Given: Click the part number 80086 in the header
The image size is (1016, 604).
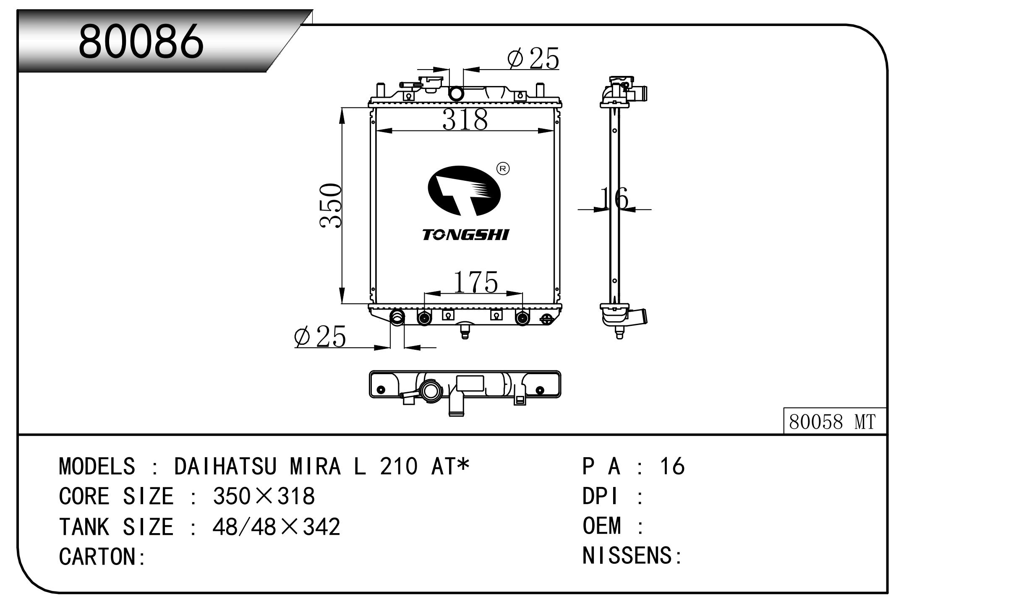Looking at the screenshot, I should coord(141,41).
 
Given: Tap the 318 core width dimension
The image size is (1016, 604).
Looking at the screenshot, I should coord(465,119).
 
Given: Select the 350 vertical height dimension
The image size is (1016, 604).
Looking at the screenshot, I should coord(331,206).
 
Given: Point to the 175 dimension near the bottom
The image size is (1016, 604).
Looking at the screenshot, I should coord(475,282).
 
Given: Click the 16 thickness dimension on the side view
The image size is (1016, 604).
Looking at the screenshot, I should coord(614,198).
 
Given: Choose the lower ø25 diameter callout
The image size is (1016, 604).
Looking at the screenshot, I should coord(320,336).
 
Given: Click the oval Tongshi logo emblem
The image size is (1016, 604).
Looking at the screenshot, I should coord(464,191).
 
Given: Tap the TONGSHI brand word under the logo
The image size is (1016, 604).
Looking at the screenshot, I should coord(465,235).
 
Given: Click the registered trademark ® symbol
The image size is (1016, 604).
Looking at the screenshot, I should coord(503,169).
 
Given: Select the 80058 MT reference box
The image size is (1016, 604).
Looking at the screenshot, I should coord(834,422).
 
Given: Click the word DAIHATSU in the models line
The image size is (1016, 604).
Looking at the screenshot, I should coord(225,466).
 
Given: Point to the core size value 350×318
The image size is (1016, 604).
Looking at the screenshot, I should coord(264,496).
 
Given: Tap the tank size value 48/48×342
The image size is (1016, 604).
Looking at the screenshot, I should coord(276,527).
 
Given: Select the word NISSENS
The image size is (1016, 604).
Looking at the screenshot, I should coord(627,555).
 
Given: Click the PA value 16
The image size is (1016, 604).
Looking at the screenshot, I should coord(672,466).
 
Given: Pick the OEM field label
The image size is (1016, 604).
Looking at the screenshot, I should coord(601,526).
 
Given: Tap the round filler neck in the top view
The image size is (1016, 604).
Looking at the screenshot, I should coord(431,391).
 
